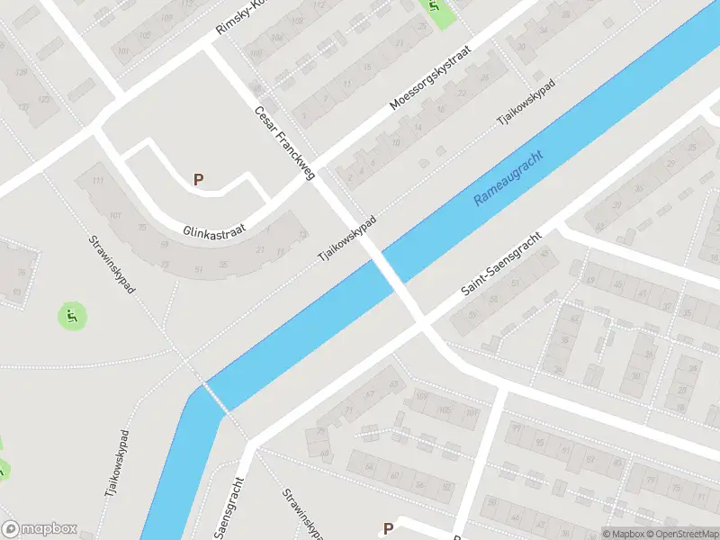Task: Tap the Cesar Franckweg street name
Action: (x=283, y=143)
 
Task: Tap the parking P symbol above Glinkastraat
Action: (x=198, y=179)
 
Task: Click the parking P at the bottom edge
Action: (x=388, y=529)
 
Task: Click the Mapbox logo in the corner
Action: (x=40, y=529)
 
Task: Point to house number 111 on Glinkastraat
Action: (x=96, y=180)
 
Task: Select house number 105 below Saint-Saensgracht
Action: (x=443, y=409)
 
